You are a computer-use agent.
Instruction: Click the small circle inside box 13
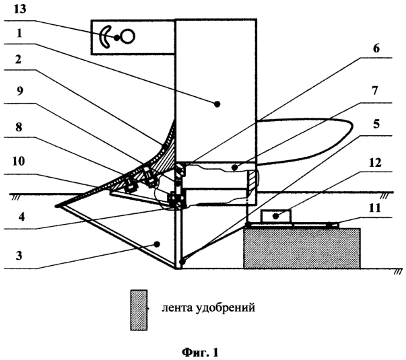[127, 37]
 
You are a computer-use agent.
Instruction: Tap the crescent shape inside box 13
[106, 37]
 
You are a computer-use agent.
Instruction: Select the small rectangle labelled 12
[276, 216]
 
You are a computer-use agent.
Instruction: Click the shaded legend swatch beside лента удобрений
[139, 310]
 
